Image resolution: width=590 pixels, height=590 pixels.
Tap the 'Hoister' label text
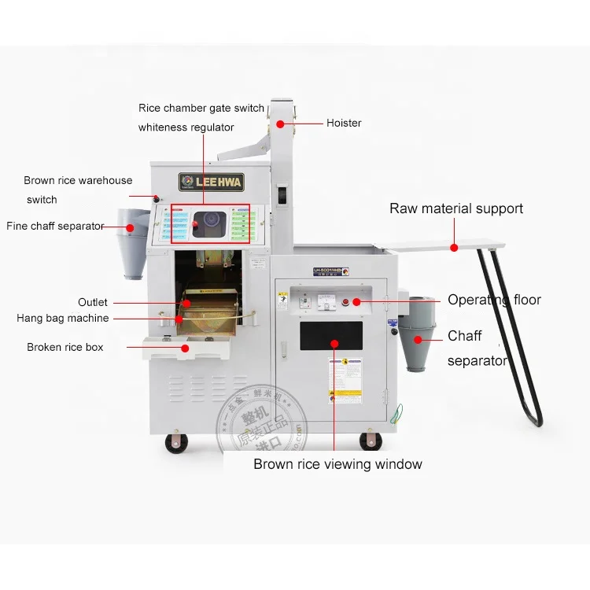pos(344,123)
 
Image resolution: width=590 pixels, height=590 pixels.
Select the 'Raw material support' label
pos(456,208)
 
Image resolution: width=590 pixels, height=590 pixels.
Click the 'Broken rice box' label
pos(65,347)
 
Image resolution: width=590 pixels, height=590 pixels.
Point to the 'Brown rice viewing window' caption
pos(337,464)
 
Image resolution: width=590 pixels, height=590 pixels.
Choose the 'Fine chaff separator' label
pos(55,226)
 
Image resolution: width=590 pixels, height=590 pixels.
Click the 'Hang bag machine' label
pos(63,319)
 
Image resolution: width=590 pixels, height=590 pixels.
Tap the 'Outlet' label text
pos(93,302)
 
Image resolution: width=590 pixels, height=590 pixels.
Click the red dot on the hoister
pos(280,124)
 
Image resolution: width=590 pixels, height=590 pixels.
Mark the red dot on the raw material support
pos(454,248)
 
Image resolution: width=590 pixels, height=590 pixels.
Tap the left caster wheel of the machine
pos(176,443)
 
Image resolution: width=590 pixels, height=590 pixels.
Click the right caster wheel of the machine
pos(371,441)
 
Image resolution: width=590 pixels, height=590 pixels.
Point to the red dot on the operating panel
pos(356,301)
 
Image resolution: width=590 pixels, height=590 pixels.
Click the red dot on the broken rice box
pos(186,348)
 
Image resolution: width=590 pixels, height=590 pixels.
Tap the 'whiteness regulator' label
pos(186,127)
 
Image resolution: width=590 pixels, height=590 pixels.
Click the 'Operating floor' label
pos(494,300)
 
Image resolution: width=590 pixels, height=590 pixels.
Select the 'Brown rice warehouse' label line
pos(78,181)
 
